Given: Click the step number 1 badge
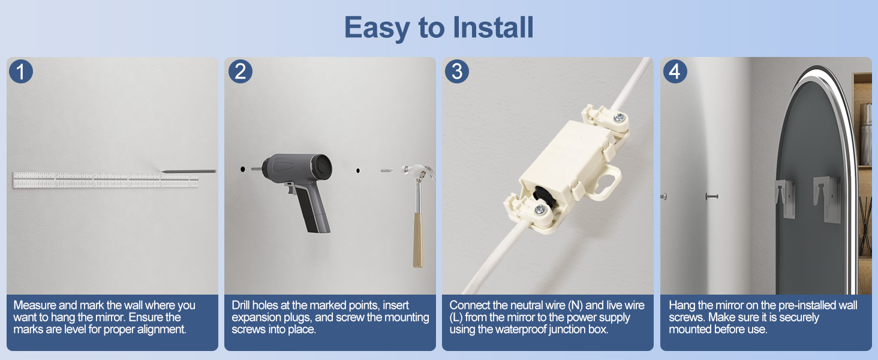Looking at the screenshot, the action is pos(21,71).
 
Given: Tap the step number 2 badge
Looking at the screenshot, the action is pos(240,71).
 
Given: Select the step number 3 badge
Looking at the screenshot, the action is pos(457,71).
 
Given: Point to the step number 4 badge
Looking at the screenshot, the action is pos(675,71).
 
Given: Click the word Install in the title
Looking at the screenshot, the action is pos(493,27).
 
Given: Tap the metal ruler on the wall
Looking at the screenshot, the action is pos(106,179).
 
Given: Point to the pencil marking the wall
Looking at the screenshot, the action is pos(188,172).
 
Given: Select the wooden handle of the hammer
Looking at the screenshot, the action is pos(418,240).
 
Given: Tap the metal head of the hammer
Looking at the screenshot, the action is pos(418,173).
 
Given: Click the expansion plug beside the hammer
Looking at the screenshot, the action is pos(386,170).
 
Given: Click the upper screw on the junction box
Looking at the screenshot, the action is pos(619,117).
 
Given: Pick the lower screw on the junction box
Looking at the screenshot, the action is pos(540,210).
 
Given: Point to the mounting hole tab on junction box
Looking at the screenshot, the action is pos(607,182).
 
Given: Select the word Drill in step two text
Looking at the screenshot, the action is pos(240,305).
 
